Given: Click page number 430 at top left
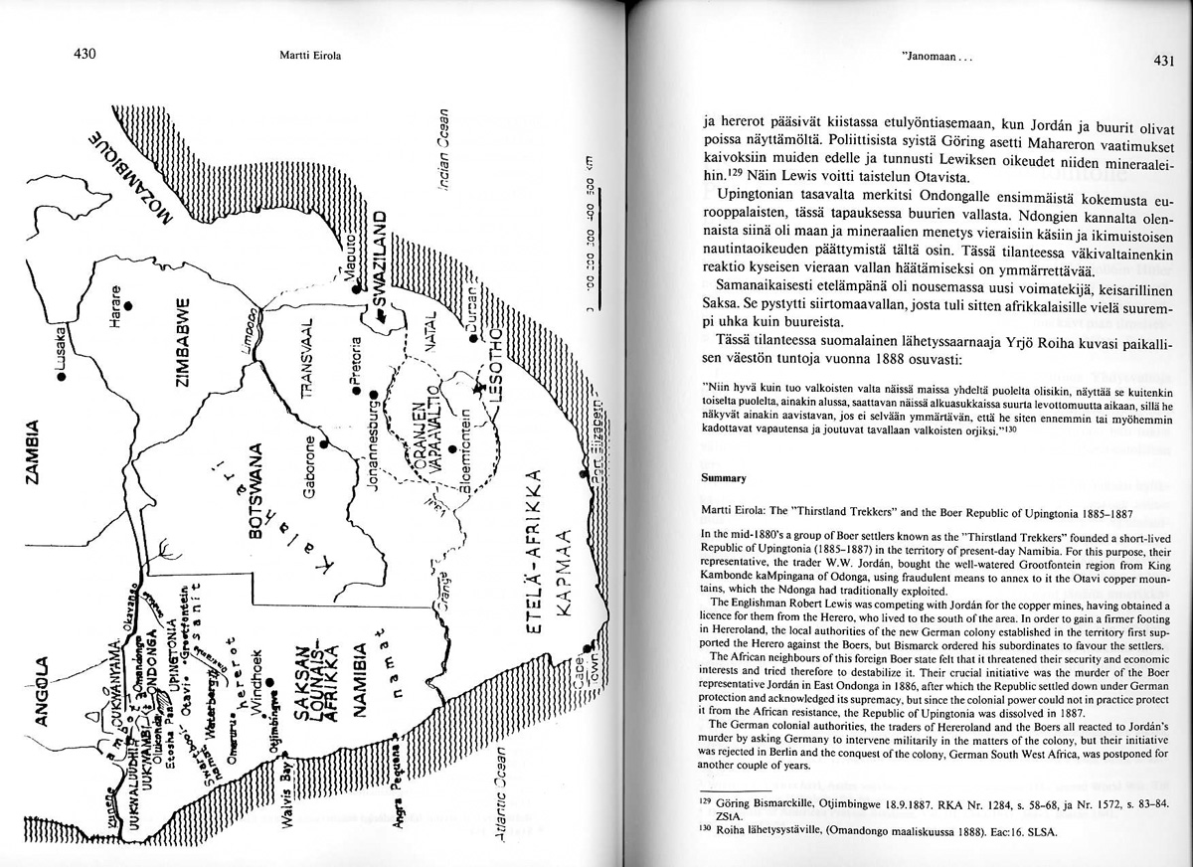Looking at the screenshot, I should tap(84, 55).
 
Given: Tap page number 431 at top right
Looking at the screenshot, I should tap(1165, 61).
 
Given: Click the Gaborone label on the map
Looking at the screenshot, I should tap(310, 467).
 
